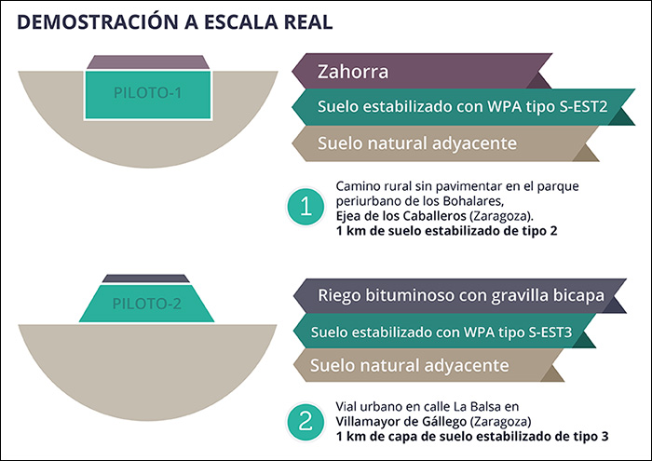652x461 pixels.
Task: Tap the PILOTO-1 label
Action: click(148, 93)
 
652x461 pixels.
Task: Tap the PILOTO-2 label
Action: click(147, 304)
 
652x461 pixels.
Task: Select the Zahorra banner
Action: click(438, 71)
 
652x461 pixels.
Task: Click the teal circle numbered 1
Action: click(306, 208)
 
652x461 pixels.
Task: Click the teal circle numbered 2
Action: click(306, 422)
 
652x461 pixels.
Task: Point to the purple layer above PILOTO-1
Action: click(148, 61)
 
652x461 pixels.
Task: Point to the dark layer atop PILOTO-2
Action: click(147, 278)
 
